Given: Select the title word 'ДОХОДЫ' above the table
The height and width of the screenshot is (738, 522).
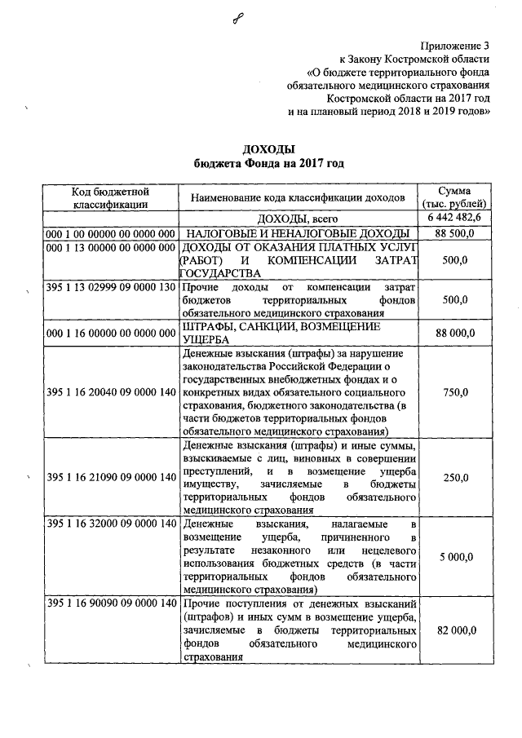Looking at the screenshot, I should click(268, 148).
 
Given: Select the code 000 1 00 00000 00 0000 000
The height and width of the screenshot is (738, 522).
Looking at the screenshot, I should click(111, 234).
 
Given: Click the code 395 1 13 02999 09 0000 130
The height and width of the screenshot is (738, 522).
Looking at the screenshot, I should click(111, 289).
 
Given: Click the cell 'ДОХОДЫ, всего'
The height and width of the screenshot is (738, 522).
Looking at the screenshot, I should click(297, 219).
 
